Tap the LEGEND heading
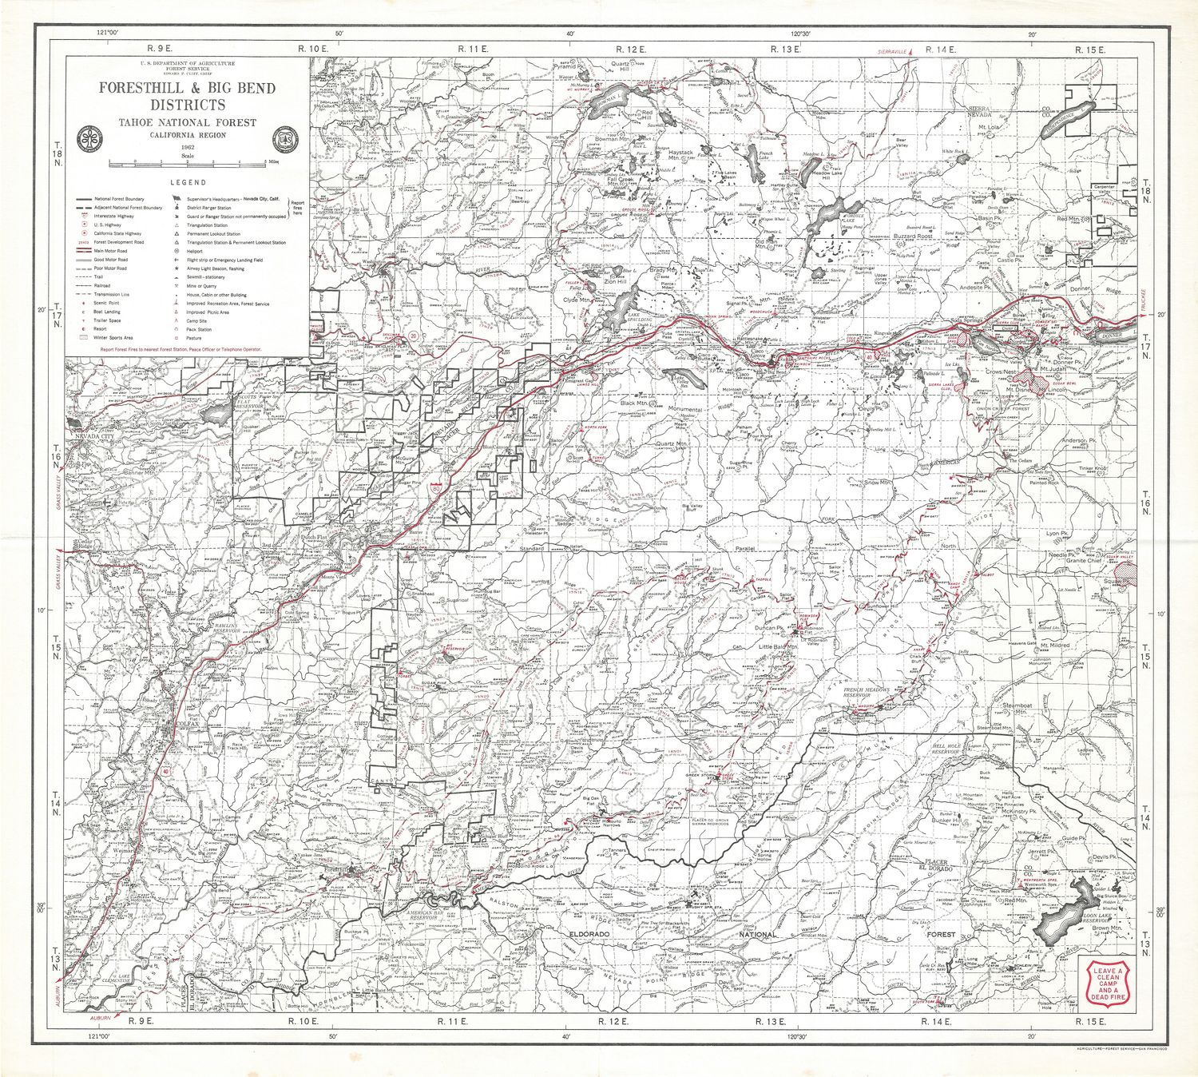188,183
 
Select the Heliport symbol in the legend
176,251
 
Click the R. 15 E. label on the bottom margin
1089,1021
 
